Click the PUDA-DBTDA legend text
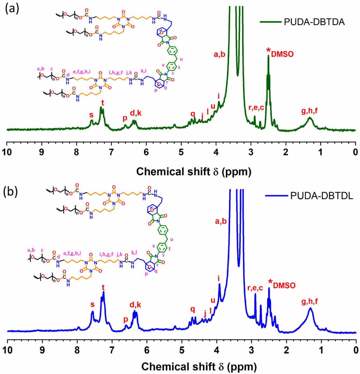coord(314,22)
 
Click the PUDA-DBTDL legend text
coord(322,196)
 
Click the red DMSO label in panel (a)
coord(282,54)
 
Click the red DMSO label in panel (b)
coord(284,285)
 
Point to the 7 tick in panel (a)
coord(111,152)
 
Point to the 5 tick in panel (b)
coord(182,350)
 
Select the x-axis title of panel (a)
coord(194,172)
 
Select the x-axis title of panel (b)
coord(199,366)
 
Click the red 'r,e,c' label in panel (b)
coord(255,288)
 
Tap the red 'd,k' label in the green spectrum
coord(136,113)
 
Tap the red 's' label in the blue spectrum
coord(92,304)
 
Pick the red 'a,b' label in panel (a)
coord(219,55)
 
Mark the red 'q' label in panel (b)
coord(193,309)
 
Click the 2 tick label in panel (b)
coord(286,350)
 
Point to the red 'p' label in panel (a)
coord(125,118)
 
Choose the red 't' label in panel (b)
coord(103,287)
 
